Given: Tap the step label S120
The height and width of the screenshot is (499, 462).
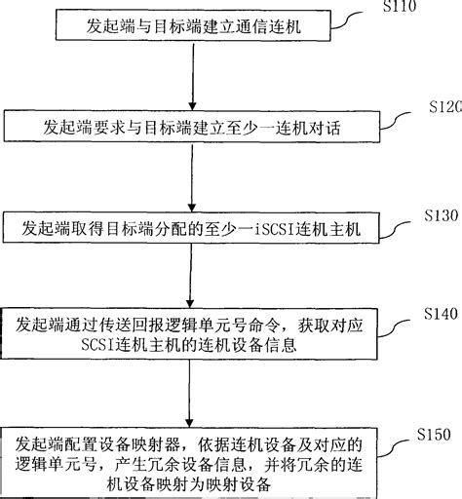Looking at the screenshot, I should point(443,107).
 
